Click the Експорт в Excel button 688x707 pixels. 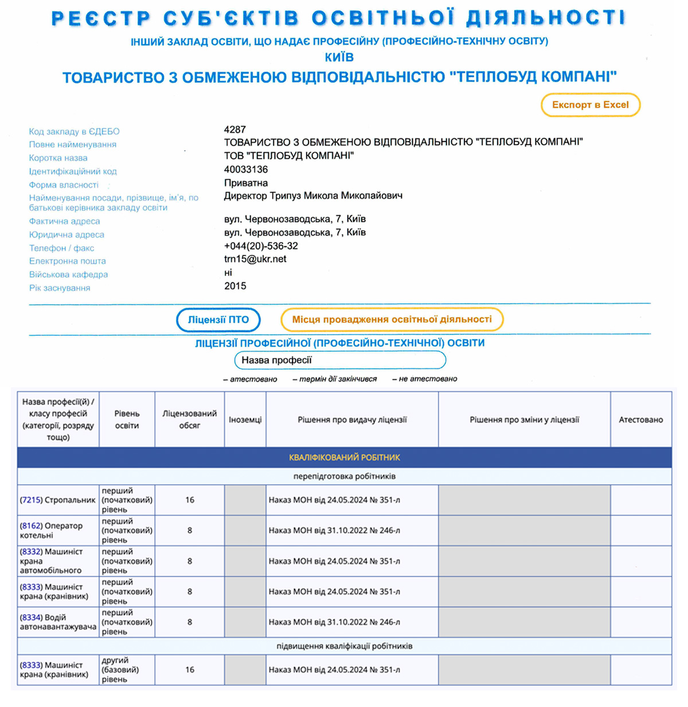pyautogui.click(x=590, y=105)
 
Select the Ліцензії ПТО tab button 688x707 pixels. pyautogui.click(x=218, y=320)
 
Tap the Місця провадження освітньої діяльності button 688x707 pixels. pyautogui.click(x=392, y=319)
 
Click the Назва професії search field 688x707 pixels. pyautogui.click(x=340, y=360)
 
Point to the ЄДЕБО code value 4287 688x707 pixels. pyautogui.click(x=235, y=129)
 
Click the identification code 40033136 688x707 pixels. pyautogui.click(x=246, y=170)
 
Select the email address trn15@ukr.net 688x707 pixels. pyautogui.click(x=255, y=259)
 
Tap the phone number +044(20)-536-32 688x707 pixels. pyautogui.click(x=261, y=246)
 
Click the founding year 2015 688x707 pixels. pyautogui.click(x=235, y=286)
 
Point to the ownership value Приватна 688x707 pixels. pyautogui.click(x=246, y=183)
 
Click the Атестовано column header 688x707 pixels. pyautogui.click(x=640, y=420)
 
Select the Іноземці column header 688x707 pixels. pyautogui.click(x=245, y=420)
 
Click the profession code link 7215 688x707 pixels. pyautogui.click(x=31, y=500)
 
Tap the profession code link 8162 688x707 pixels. pyautogui.click(x=31, y=526)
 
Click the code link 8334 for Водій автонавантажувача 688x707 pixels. pyautogui.click(x=31, y=618)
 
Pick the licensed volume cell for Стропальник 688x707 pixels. pyautogui.click(x=190, y=500)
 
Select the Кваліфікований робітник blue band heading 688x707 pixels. pyautogui.click(x=344, y=457)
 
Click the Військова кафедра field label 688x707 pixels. pyautogui.click(x=68, y=274)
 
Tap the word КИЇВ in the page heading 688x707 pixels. pyautogui.click(x=339, y=57)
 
